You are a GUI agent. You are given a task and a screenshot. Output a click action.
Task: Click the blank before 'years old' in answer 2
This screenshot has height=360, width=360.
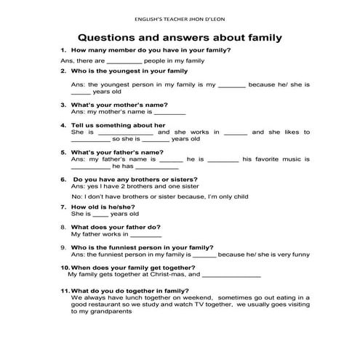coord(81,92)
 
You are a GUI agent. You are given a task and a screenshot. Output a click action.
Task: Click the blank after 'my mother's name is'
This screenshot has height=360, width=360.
coord(170,113)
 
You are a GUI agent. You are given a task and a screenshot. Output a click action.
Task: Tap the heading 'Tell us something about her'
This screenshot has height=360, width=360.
coord(119,125)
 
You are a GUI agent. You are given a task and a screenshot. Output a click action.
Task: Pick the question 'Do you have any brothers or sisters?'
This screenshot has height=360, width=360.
coord(136,179)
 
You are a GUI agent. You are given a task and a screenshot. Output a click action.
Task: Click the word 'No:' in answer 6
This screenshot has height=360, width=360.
coord(77,196)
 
